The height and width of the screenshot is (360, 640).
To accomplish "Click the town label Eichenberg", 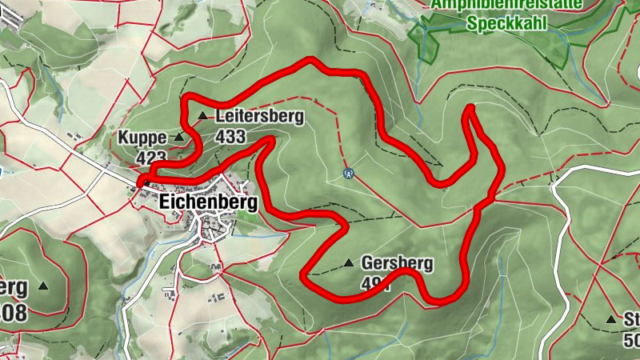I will click(208, 202).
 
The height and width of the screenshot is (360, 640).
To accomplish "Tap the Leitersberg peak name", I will click(260, 117).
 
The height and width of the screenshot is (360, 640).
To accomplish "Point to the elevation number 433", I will click(230, 136).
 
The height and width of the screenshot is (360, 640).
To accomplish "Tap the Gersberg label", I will click(397, 262).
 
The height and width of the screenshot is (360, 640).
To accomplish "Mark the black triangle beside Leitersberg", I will click(202, 117).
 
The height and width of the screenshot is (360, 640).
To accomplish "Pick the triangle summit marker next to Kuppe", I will click(178, 138).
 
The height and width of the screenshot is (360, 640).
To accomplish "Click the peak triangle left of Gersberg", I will click(348, 263).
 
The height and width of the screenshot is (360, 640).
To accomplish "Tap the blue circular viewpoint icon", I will click(348, 172).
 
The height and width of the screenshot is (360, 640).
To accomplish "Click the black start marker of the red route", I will click(142, 183).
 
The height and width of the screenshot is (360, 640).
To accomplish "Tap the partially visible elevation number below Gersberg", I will click(375, 283).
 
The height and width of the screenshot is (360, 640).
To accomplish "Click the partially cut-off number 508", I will click(14, 310).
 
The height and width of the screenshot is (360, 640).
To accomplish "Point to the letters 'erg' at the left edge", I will click(14, 286).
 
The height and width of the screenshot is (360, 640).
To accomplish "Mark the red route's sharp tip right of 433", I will click(273, 139).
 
